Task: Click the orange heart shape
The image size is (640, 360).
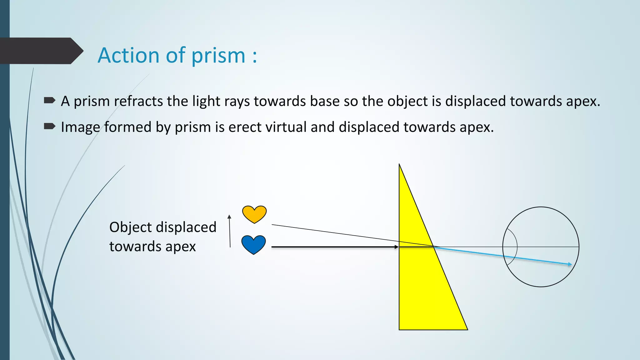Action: click(x=254, y=213)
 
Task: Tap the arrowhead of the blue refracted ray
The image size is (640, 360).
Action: click(x=570, y=264)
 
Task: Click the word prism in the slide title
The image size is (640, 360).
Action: click(x=218, y=55)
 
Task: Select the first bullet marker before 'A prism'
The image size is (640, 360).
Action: click(x=49, y=100)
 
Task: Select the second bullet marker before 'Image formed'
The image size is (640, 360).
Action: click(x=49, y=126)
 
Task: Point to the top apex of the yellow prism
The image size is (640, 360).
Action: click(x=400, y=166)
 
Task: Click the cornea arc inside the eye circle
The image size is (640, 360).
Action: click(x=516, y=247)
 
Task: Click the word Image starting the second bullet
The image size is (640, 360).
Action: click(x=80, y=127)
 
